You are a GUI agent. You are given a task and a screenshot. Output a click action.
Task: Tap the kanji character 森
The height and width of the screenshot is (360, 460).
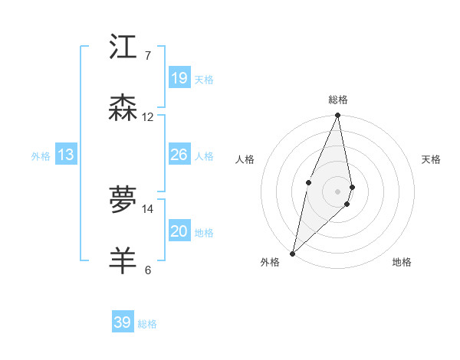[x=123, y=108]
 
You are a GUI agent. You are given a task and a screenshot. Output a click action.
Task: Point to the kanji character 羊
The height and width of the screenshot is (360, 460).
[x=123, y=260]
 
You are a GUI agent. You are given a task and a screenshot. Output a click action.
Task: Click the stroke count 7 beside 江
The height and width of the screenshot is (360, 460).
[x=147, y=56]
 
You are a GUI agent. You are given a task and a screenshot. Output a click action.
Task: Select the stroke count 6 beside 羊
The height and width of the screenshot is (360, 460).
[x=147, y=270]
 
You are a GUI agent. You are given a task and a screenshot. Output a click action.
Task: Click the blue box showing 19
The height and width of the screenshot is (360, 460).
[x=179, y=78]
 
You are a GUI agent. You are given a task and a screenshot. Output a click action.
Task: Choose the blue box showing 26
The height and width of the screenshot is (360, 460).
[x=179, y=155]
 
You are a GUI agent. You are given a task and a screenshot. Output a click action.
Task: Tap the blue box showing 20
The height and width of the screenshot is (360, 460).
[x=179, y=231]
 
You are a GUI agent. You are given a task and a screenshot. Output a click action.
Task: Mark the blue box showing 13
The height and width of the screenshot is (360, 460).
[x=66, y=155]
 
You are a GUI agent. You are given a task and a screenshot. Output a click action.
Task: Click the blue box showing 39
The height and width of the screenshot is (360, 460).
[x=123, y=322]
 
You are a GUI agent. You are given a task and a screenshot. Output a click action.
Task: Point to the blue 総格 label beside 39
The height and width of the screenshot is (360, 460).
[x=147, y=324]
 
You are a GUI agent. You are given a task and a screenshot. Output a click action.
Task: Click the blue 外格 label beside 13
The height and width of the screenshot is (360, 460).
[x=41, y=156]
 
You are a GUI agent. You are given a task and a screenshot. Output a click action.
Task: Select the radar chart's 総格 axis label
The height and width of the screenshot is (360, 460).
[x=338, y=100]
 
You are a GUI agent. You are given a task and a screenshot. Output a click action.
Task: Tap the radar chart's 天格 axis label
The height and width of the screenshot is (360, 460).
[x=432, y=159]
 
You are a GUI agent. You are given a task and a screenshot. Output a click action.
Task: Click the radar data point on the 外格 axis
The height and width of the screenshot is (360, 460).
[x=292, y=253]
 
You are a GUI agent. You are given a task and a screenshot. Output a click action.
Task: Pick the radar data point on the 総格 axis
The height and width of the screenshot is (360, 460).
[x=338, y=116]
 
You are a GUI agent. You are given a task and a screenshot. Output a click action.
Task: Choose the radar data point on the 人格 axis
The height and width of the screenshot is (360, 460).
[x=308, y=182]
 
